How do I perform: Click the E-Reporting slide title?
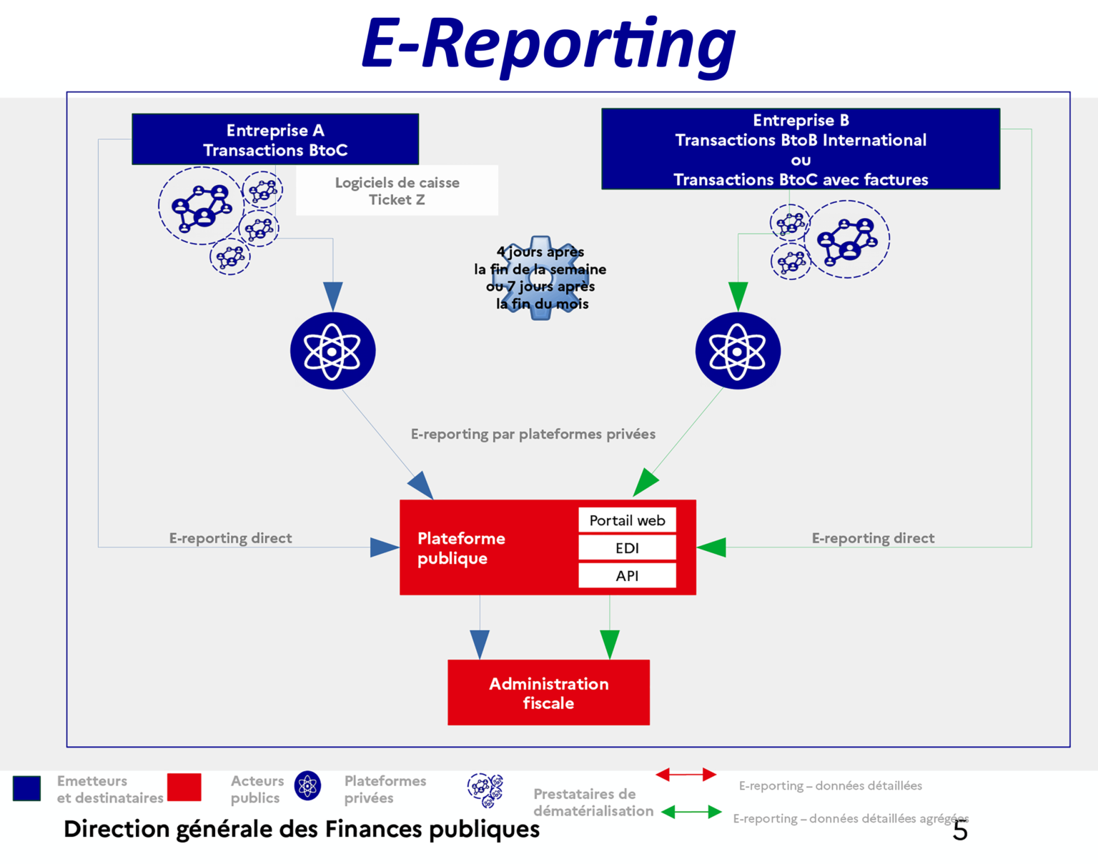tap(548, 43)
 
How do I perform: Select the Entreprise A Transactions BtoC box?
tap(275, 139)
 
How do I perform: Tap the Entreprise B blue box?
tap(801, 149)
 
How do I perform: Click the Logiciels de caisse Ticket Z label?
tap(397, 191)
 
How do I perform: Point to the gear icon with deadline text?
tap(541, 277)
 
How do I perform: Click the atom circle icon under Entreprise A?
tap(332, 351)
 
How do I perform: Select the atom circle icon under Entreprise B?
tap(738, 351)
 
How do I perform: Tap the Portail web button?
tap(627, 520)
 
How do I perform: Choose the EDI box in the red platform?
tap(627, 548)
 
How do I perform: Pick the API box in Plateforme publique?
tap(627, 576)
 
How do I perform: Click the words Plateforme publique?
tap(461, 548)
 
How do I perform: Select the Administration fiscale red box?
tap(548, 692)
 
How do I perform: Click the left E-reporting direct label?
tap(230, 538)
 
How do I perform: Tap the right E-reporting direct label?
tap(873, 538)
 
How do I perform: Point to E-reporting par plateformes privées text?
tap(533, 434)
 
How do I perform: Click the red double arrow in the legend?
tap(686, 775)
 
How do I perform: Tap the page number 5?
tap(960, 831)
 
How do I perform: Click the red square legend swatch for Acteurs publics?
tap(184, 787)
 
